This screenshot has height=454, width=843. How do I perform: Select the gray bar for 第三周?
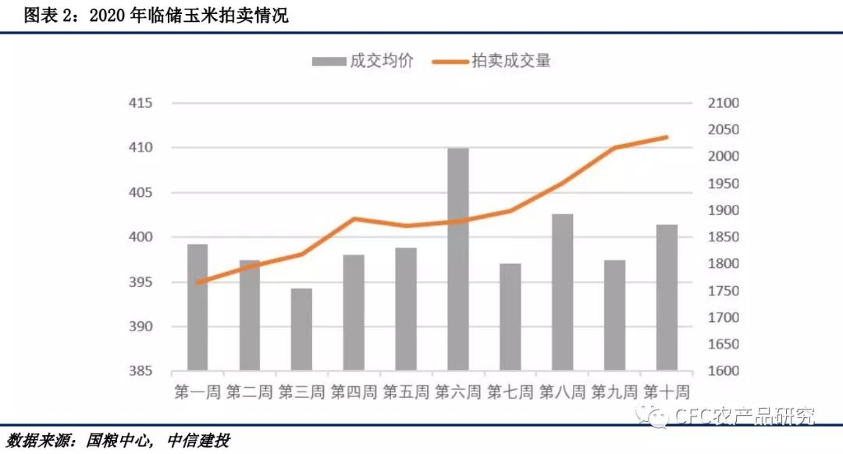coord(301,329)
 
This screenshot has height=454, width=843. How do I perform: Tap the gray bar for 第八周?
coord(562,291)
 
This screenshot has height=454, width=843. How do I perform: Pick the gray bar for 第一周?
coord(197,306)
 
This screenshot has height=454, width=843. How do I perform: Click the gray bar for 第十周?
coord(667,297)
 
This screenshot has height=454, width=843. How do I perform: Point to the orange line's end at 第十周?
coord(667,138)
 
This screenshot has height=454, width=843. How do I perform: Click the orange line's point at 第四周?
coord(354,219)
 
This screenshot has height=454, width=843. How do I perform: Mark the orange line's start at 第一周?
coord(197,282)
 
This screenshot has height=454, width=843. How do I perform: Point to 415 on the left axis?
coord(140,103)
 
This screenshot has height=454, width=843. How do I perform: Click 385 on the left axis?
coord(140,371)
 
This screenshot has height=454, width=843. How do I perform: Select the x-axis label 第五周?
coord(406,391)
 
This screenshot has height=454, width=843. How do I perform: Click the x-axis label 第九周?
coord(614,391)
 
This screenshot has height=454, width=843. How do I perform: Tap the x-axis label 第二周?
coord(250,391)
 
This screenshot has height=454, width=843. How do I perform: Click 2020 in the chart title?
coord(107,16)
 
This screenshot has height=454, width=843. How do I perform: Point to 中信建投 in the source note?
coord(198,441)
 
